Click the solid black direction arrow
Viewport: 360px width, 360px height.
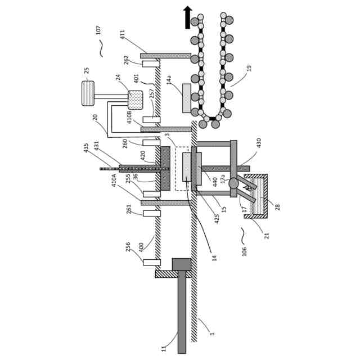tap(188, 17)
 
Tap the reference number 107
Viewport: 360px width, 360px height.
tap(99, 29)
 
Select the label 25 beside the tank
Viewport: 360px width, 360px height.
tap(87, 70)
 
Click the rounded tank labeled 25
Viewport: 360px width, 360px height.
tap(88, 93)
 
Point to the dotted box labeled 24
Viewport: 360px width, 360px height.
tap(136, 100)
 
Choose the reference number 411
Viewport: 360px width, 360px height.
tap(123, 34)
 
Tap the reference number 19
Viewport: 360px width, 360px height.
tap(249, 68)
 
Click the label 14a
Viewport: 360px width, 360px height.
tap(169, 80)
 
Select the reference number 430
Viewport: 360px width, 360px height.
tap(259, 143)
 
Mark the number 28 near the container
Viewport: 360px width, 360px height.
tap(277, 207)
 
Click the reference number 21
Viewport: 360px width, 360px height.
tap(267, 235)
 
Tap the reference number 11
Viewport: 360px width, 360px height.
tap(164, 348)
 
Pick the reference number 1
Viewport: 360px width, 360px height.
tap(212, 333)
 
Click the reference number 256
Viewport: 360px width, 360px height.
tap(128, 246)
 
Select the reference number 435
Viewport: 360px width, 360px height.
tap(86, 147)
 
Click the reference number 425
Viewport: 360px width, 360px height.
tap(217, 218)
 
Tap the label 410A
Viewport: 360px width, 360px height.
tap(114, 180)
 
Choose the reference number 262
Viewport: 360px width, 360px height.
tap(127, 60)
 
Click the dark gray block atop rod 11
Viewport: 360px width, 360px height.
tap(182, 264)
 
